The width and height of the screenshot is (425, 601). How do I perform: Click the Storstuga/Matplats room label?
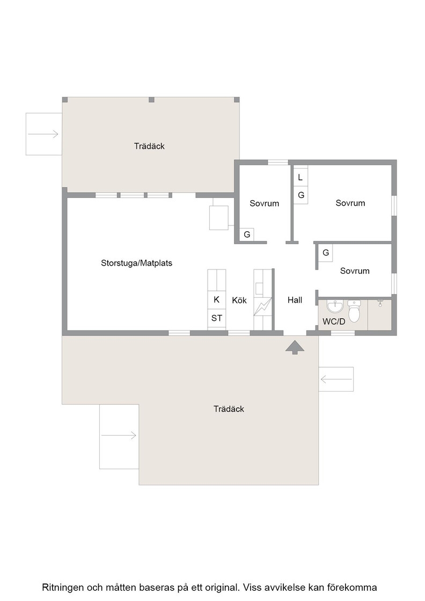[x=136, y=263]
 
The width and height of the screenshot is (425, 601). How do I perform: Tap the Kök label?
[x=239, y=300]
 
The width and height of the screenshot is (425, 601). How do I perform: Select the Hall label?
[x=295, y=300]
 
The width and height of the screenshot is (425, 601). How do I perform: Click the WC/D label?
[x=334, y=321]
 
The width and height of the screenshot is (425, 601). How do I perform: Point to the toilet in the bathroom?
[x=355, y=311]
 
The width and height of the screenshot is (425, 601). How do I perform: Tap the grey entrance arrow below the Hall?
[x=295, y=347]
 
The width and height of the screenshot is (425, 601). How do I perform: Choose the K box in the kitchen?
[x=216, y=299]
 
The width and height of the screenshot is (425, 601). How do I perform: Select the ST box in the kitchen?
[x=216, y=318]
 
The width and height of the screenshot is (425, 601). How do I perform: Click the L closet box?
[x=301, y=178]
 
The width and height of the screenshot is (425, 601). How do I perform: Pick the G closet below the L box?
[x=301, y=195]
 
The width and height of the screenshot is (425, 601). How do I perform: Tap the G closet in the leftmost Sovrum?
[x=247, y=234]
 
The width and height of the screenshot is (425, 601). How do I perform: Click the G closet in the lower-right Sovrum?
[x=326, y=253]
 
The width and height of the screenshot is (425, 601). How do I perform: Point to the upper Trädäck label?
[x=150, y=146]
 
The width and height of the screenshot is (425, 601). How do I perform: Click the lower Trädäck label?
[x=229, y=409]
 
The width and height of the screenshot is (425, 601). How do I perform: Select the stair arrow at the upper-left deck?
[x=43, y=134]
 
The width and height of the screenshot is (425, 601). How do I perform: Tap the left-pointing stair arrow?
[x=336, y=379]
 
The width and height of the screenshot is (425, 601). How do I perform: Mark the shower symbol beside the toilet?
[x=380, y=303]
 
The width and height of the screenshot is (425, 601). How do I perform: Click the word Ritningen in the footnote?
[x=63, y=587]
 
